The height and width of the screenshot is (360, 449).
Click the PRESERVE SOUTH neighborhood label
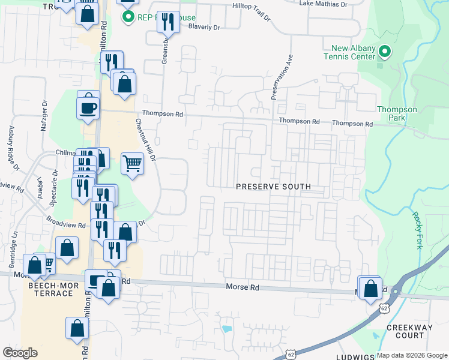pos(273,187)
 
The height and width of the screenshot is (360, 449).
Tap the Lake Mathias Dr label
pos(323,4)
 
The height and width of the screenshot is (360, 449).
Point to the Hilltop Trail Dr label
pos(256,5)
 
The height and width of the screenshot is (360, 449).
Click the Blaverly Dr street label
pos(204,27)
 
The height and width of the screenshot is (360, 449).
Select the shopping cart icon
pos(132,163)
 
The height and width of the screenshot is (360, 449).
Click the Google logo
pos(20,353)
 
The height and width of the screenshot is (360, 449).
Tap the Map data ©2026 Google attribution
pos(412,355)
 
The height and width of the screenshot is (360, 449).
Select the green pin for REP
pos(127,16)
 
